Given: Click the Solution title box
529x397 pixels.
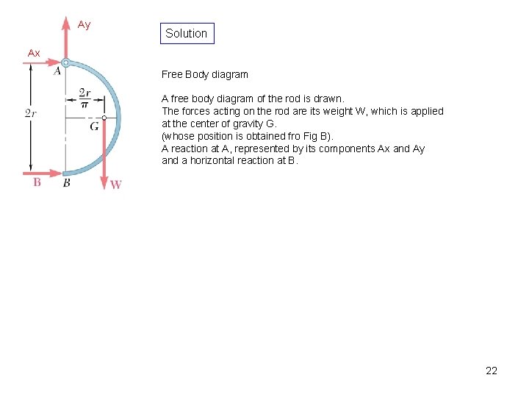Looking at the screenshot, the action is click(x=187, y=33).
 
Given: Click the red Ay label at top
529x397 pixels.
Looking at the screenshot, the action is click(x=84, y=25).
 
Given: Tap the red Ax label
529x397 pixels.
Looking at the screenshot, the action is click(x=34, y=53).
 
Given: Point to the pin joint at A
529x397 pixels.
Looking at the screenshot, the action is click(x=65, y=64).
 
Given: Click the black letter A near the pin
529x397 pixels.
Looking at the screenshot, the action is click(x=57, y=71).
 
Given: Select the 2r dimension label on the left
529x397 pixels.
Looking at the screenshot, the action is click(x=30, y=113).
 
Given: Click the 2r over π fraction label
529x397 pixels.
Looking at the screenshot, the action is click(x=84, y=99).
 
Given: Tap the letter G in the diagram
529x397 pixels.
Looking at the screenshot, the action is click(x=95, y=126).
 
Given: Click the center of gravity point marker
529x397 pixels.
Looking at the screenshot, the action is click(x=104, y=118).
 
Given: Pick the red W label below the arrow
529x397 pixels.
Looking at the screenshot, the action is click(x=116, y=185).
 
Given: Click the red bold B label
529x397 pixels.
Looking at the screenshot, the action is click(x=37, y=182).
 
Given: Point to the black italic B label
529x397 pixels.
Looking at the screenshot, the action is click(x=66, y=183).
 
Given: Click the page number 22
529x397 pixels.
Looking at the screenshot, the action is click(x=492, y=371).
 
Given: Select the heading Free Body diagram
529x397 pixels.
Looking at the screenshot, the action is click(x=205, y=74).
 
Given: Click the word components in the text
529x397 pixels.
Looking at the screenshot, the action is click(x=345, y=149).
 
